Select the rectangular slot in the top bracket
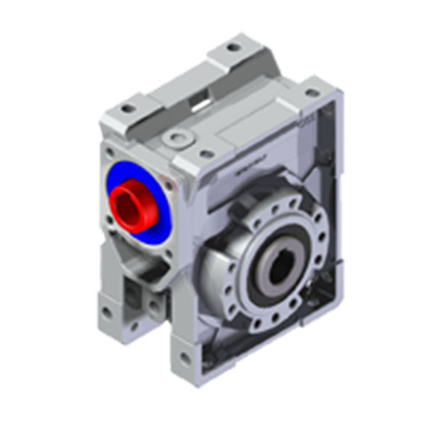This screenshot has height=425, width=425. [201, 104]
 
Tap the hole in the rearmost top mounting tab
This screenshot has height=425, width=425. [233, 47]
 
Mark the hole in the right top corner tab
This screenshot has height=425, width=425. [312, 93]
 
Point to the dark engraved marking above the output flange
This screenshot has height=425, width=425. [244, 169]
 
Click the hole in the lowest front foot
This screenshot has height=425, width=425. [186, 358]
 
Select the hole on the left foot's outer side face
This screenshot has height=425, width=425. [106, 311]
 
